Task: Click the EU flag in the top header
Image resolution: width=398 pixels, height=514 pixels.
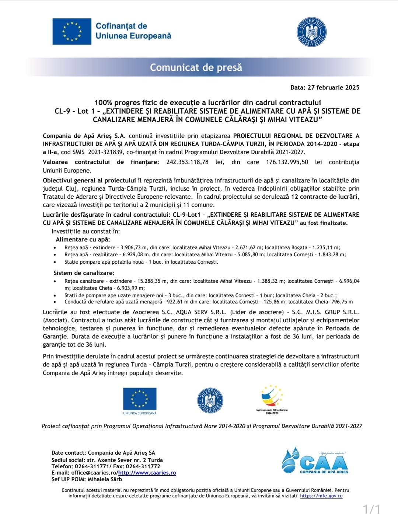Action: [72, 31]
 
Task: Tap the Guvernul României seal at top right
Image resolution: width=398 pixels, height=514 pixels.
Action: [312, 32]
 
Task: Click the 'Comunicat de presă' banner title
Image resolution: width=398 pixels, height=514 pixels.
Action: [196, 67]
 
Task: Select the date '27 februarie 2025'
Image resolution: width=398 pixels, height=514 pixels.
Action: [334, 87]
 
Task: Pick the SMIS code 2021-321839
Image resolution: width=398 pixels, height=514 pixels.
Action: [105, 152]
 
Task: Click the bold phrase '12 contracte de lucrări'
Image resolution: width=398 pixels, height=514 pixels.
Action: [324, 197]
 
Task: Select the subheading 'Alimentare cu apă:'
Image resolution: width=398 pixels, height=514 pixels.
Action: [83, 239]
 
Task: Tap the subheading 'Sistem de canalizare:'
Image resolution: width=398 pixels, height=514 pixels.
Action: [84, 273]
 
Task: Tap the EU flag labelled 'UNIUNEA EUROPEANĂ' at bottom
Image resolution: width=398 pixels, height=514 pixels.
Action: [140, 399]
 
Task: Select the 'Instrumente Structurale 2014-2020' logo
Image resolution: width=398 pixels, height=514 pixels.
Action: [272, 399]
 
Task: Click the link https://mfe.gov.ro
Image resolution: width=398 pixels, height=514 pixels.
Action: [321, 496]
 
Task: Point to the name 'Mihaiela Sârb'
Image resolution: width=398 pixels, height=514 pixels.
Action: [105, 479]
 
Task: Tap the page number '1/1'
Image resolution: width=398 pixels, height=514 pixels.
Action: [371, 509]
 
